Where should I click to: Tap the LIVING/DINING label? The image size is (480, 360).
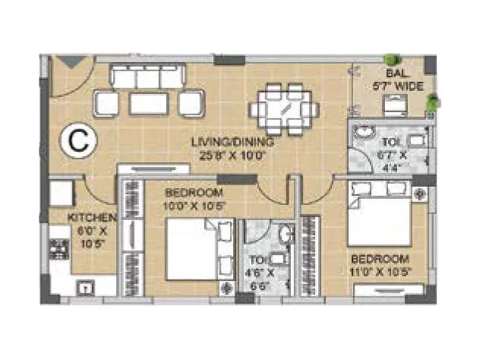click(x=232, y=142)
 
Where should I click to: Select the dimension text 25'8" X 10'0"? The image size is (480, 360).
click(x=232, y=154)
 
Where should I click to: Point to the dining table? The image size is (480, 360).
click(x=284, y=109)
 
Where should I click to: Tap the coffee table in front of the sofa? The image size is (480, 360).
click(x=148, y=104)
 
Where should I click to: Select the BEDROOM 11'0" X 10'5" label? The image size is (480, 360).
click(x=380, y=265)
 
